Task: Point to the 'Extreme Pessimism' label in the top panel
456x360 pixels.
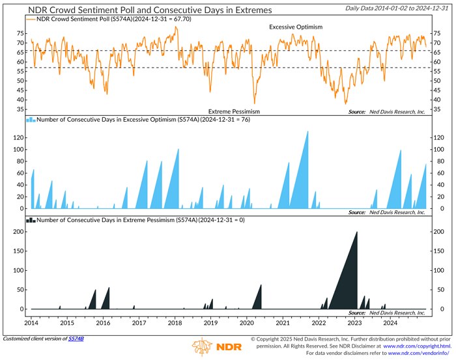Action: point(234,112)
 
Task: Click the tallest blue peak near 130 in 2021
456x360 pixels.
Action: point(307,132)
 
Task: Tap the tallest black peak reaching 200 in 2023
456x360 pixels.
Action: point(356,232)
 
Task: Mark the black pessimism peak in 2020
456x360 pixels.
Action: point(261,286)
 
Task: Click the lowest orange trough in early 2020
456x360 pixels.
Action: point(254,103)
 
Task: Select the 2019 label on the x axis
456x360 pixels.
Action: point(210,322)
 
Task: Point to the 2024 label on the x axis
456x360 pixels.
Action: point(390,322)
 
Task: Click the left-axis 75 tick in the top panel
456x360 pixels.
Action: point(21,33)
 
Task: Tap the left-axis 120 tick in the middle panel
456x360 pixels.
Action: point(20,137)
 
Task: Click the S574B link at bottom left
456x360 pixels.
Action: point(77,339)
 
